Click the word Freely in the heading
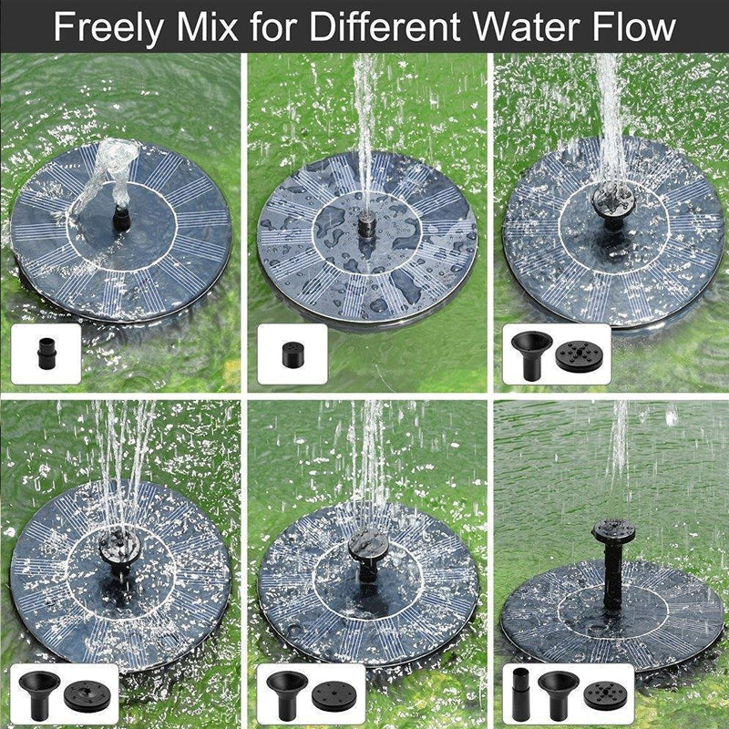click(108, 28)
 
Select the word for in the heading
click(274, 27)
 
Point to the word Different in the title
click(385, 27)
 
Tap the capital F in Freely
click(64, 27)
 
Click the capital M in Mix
click(191, 27)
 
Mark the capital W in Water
click(492, 27)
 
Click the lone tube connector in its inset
click(46, 354)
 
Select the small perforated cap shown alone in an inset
click(293, 354)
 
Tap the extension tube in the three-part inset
click(520, 693)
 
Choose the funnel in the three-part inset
click(558, 692)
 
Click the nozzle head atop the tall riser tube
click(612, 531)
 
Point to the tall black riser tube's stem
click(612, 578)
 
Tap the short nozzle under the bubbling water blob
click(121, 219)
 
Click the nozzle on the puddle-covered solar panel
click(366, 225)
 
